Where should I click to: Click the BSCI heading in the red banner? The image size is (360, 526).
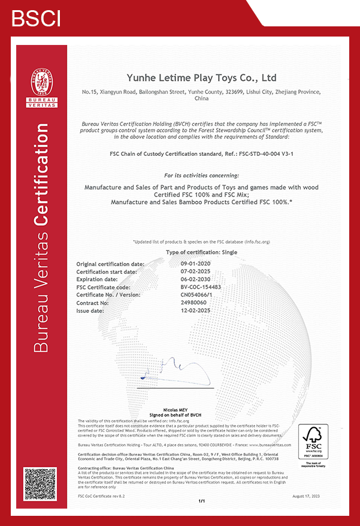click(36, 18)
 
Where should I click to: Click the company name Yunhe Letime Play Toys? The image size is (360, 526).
click(201, 78)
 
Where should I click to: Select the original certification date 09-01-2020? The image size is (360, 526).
click(195, 264)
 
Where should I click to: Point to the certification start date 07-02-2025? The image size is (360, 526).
click(195, 271)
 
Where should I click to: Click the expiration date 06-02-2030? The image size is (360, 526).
click(195, 279)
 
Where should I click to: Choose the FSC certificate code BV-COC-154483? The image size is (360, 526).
click(201, 287)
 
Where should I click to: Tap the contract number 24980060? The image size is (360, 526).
click(193, 303)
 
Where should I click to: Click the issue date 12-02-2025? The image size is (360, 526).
click(195, 311)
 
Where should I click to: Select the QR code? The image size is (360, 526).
click(40, 484)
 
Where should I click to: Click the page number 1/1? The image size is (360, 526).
click(201, 501)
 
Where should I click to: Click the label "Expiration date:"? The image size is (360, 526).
click(97, 279)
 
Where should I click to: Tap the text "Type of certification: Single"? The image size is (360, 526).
click(201, 253)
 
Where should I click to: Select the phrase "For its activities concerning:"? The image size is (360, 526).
click(201, 175)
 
